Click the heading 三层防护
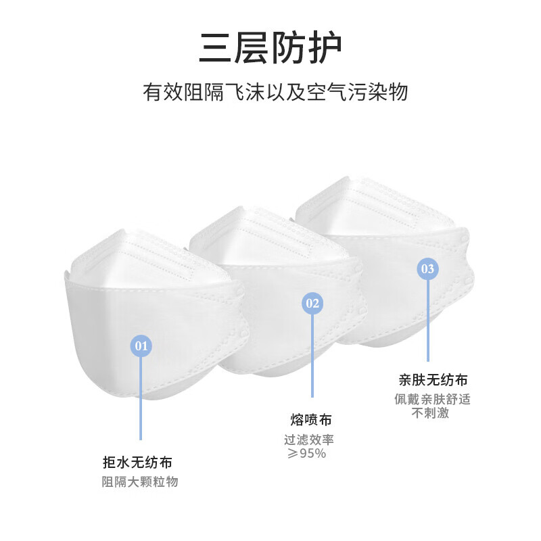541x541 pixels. tap(270, 48)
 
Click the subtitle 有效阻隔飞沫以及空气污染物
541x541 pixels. tap(275, 92)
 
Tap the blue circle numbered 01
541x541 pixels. tap(141, 346)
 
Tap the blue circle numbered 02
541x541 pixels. tap(312, 303)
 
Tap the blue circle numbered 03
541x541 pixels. tap(428, 268)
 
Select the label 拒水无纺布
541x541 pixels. tap(137, 463)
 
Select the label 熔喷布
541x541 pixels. tap(311, 420)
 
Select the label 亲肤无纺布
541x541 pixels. tap(433, 380)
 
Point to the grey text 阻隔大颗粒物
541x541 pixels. tap(140, 482)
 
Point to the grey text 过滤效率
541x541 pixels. tap(309, 440)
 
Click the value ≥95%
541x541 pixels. tap(307, 453)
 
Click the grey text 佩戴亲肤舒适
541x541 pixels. tap(432, 400)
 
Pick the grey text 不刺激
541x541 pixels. tap(430, 413)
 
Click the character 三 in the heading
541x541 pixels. tap(215, 48)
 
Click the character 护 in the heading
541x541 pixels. tap(325, 48)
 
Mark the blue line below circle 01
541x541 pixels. tap(141, 398)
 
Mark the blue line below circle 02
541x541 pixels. tap(312, 356)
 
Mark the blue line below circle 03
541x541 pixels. tap(428, 320)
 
